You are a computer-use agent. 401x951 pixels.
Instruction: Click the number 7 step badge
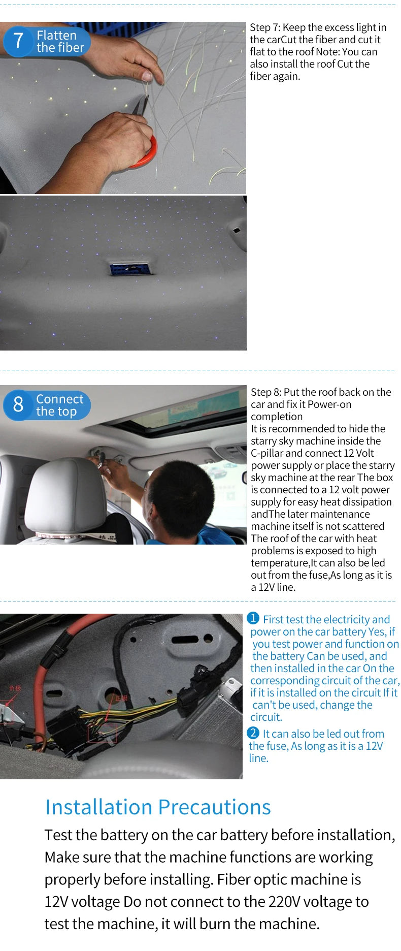coord(18,41)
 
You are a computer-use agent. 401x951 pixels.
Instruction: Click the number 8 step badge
coord(18,404)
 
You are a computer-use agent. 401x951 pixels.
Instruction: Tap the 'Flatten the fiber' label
coord(60,41)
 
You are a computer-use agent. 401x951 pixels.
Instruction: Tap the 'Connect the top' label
coord(59,405)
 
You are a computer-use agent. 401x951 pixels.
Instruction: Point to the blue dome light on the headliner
coord(130,269)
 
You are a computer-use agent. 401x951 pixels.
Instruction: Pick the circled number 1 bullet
coord(253,618)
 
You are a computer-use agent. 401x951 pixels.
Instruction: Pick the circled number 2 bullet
coord(253,733)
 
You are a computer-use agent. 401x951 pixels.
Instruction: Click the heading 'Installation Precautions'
coord(158,807)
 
